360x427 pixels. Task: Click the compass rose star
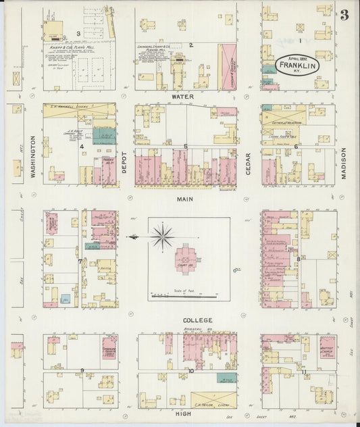[162, 236]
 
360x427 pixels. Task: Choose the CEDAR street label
[249, 162]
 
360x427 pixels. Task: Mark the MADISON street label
[343, 164]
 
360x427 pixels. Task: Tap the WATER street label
[183, 97]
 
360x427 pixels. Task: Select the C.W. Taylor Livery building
[213, 400]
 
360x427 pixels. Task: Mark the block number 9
[82, 371]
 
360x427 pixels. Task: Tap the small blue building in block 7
[66, 298]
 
